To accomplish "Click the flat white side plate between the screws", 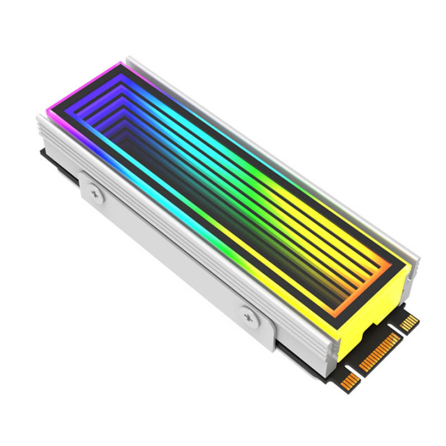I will point(173,248).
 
